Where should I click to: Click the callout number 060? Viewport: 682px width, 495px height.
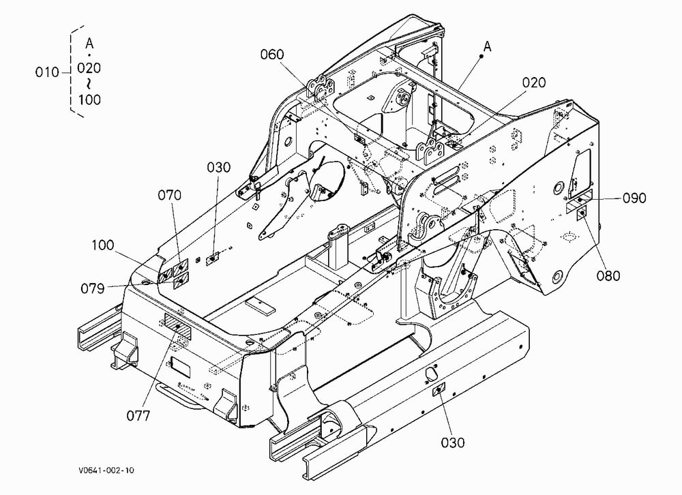tap(272, 55)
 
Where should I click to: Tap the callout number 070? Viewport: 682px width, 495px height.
tap(169, 195)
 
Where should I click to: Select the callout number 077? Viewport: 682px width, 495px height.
tap(138, 416)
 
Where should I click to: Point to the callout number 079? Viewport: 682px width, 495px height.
tap(93, 288)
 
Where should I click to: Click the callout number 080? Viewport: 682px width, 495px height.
tap(608, 275)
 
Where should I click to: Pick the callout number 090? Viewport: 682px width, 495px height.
tap(634, 198)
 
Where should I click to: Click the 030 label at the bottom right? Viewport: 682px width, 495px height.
tap(453, 442)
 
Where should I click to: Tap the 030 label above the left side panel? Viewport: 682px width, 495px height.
tap(218, 168)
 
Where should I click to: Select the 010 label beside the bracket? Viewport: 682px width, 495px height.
tap(47, 72)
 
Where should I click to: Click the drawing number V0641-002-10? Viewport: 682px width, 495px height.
tap(106, 470)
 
